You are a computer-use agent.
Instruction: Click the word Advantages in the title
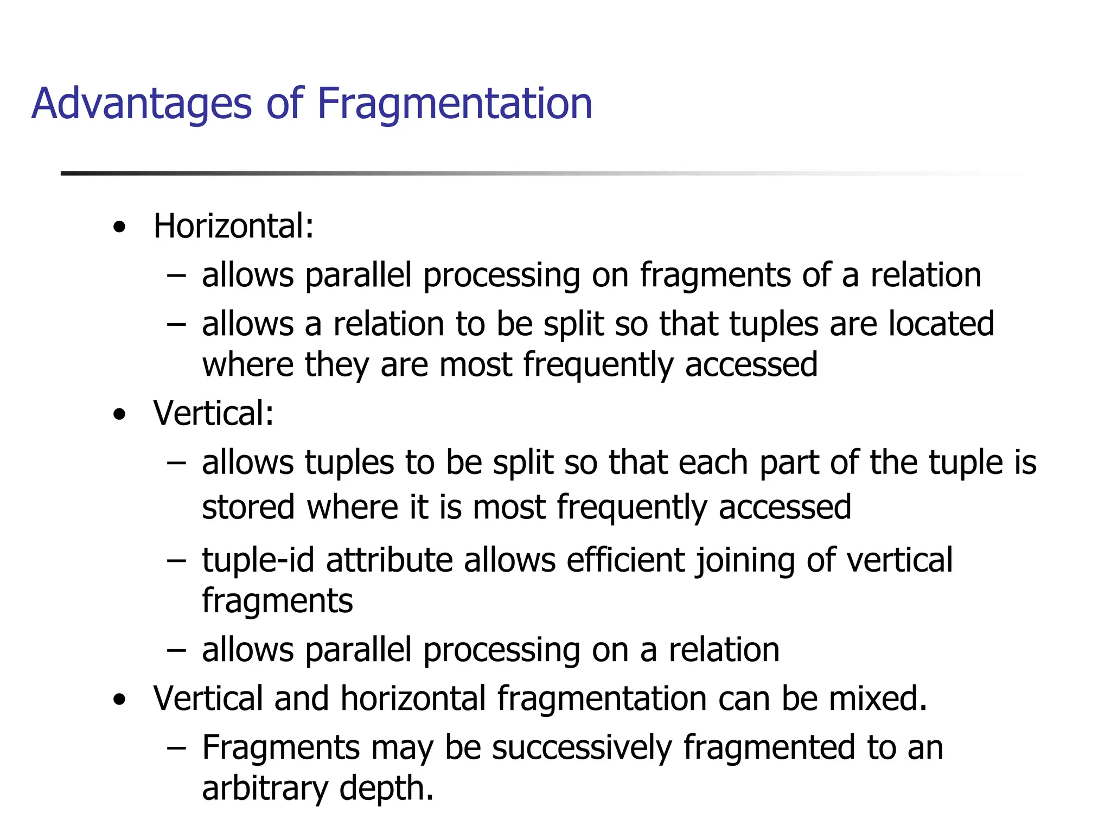point(142,104)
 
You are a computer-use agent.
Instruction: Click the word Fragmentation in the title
point(455,104)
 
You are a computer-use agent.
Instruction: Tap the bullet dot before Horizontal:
point(119,227)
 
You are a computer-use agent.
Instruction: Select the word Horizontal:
point(233,226)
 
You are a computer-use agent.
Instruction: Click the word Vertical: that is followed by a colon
point(213,413)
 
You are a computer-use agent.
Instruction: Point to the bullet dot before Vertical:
point(119,415)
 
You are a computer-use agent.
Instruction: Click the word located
point(941,324)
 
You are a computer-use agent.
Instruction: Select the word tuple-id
point(258,560)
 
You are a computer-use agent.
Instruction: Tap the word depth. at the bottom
point(386,789)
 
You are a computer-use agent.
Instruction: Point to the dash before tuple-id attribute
point(176,561)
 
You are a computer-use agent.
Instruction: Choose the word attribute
point(389,560)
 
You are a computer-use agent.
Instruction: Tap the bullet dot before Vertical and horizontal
point(119,700)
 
